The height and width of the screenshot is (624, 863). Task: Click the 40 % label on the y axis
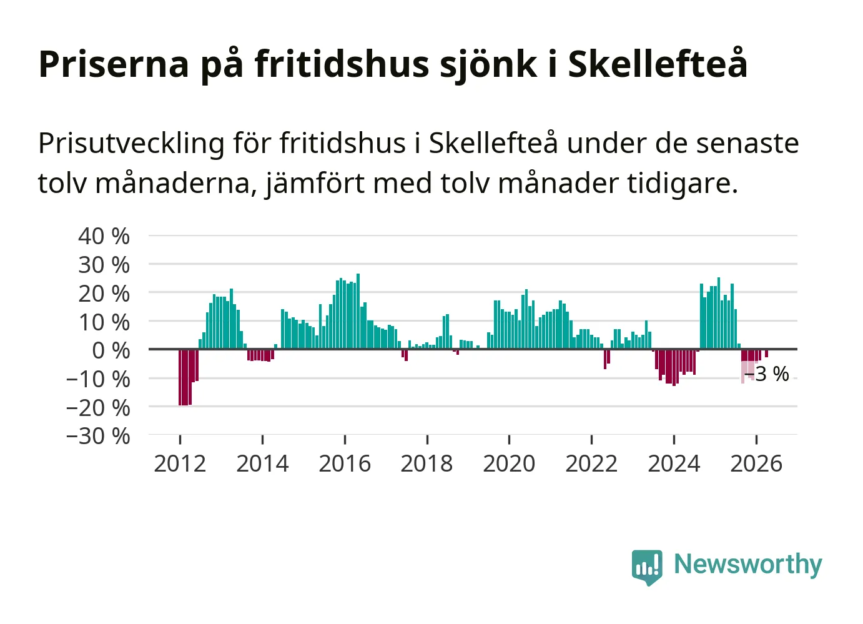point(104,236)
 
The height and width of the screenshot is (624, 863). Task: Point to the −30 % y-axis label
point(98,436)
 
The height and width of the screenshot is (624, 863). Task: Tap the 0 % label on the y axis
point(111,351)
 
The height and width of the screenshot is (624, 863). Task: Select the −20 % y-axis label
point(98,408)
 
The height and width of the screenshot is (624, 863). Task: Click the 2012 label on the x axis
point(180,463)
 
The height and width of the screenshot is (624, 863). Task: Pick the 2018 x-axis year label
point(427,463)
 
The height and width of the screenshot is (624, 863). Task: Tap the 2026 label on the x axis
point(756,463)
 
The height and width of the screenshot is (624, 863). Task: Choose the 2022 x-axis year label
point(591,463)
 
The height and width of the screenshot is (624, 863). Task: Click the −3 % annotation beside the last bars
point(767,374)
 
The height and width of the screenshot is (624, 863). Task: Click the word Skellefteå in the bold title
point(658,64)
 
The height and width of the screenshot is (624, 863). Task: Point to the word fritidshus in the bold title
point(342,64)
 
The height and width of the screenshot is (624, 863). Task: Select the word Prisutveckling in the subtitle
point(131,144)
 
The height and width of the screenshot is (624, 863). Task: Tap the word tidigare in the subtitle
point(683,183)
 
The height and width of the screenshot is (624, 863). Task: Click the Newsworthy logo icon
point(647,567)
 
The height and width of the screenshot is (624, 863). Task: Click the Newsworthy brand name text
point(748,565)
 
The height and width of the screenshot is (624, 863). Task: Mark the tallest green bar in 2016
point(358,312)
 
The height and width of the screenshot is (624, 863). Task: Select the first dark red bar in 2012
point(180,377)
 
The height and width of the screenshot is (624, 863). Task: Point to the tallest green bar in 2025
point(719,314)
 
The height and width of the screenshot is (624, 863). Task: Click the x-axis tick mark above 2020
point(510,439)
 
